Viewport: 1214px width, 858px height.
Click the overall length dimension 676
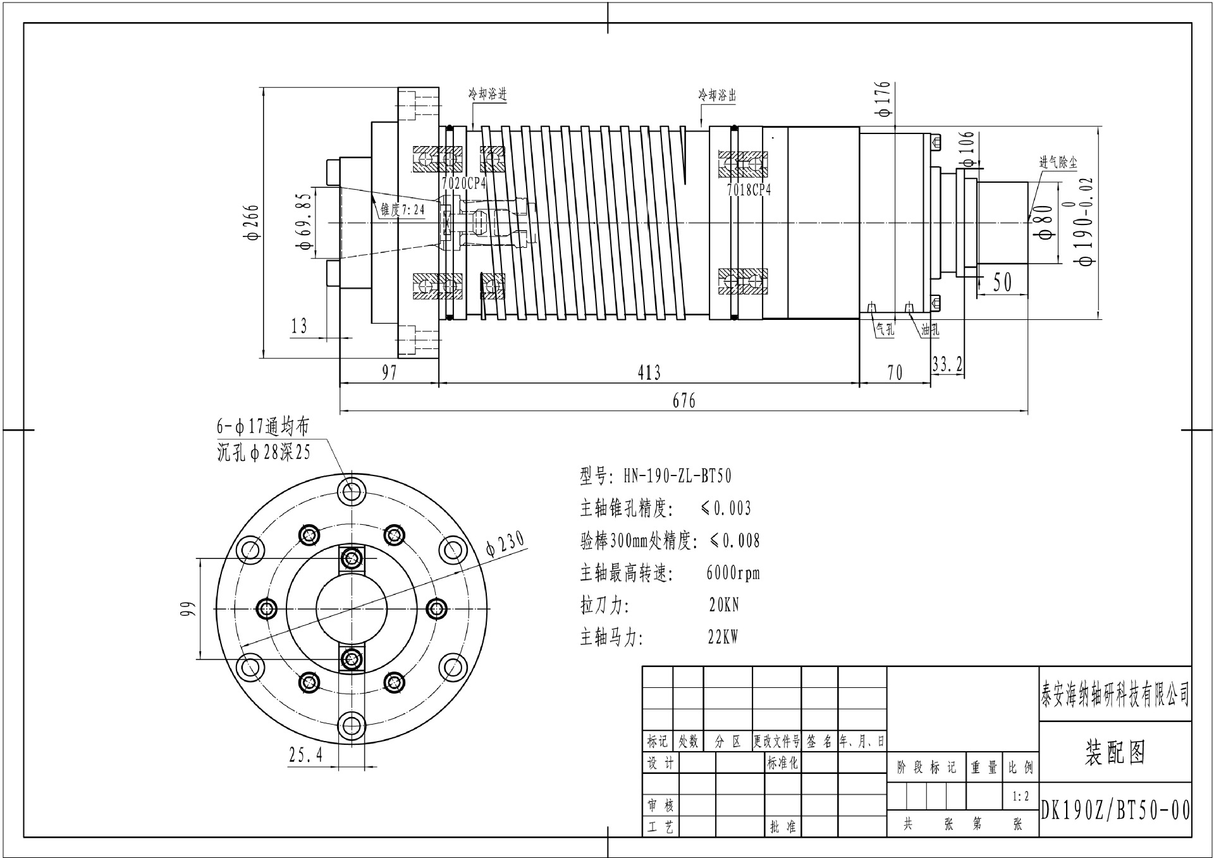coord(684,401)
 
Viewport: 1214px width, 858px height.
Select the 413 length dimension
coord(649,372)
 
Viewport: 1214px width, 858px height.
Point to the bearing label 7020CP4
coord(463,183)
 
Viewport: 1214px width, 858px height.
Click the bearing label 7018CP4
coord(749,190)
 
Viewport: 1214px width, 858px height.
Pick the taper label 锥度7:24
coord(403,209)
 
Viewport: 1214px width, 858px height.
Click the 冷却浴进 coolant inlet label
coord(487,95)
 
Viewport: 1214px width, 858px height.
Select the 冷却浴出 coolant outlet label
coord(717,95)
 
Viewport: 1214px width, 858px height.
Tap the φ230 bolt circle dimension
coord(505,544)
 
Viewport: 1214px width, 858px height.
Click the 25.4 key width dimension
coord(306,754)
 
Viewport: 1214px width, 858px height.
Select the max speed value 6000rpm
coord(733,573)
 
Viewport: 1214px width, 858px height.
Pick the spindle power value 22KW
coord(723,637)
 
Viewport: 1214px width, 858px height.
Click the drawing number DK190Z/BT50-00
coord(1115,811)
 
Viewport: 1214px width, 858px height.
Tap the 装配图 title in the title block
coord(1115,753)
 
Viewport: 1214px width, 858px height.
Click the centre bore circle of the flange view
coord(352,608)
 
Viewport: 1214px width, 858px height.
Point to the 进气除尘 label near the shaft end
coord(1058,162)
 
